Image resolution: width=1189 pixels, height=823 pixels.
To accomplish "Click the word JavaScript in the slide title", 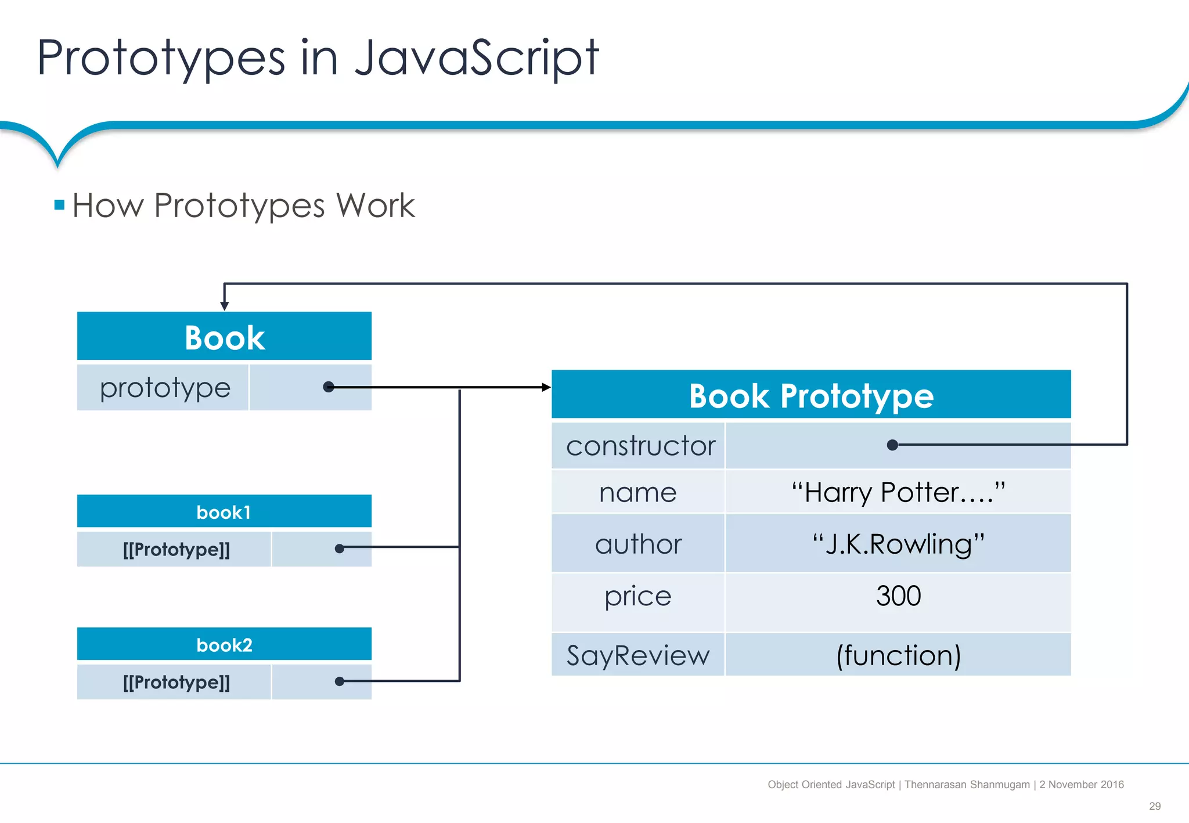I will click(476, 58).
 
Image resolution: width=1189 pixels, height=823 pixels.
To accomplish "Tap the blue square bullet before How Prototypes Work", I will click(59, 205).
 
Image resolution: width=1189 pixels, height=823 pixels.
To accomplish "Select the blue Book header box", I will click(224, 337).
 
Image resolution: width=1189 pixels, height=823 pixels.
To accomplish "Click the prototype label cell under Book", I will click(164, 388).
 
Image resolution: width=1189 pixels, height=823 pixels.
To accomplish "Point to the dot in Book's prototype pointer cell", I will click(329, 387).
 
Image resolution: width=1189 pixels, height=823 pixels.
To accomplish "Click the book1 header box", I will click(224, 512).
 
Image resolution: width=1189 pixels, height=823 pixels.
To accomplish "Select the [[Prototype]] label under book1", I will click(176, 549).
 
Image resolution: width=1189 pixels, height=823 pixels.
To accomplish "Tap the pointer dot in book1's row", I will click(340, 548).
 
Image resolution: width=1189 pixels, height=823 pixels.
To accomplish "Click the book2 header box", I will click(224, 644).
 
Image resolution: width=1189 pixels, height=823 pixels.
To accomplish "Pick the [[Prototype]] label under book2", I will click(176, 682).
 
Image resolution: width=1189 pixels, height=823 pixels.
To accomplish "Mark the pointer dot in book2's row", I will click(340, 681).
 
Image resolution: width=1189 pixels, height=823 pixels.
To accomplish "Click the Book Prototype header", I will click(811, 395).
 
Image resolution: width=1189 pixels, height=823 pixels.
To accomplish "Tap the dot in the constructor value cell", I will click(893, 445).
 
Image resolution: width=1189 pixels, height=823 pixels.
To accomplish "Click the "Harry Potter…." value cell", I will click(898, 492).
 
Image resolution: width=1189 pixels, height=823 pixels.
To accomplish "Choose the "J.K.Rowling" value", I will click(898, 544).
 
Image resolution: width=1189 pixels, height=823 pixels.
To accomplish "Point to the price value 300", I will click(898, 596).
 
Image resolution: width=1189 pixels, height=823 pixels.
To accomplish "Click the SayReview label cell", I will click(638, 655).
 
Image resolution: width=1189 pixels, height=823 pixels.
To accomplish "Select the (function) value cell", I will click(898, 655).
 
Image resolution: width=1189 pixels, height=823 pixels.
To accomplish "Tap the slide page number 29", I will click(1155, 806).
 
